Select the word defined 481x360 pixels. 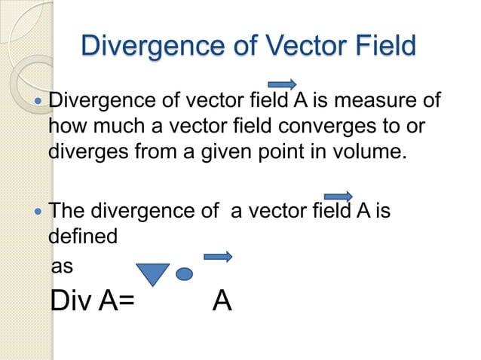(83, 236)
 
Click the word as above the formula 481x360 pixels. (63, 267)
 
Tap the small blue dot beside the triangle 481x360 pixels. (184, 273)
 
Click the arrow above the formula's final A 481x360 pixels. (218, 257)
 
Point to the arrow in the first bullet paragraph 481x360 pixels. (282, 84)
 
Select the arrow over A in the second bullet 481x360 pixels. (338, 196)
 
